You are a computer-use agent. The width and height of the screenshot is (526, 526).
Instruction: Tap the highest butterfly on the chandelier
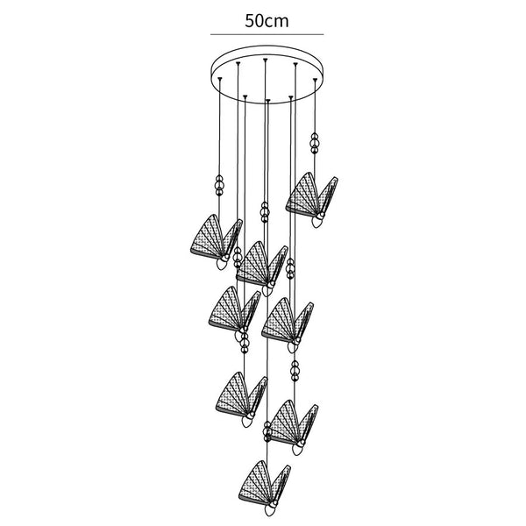[310, 195]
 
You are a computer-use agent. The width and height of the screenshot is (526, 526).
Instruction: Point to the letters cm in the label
[280, 19]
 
